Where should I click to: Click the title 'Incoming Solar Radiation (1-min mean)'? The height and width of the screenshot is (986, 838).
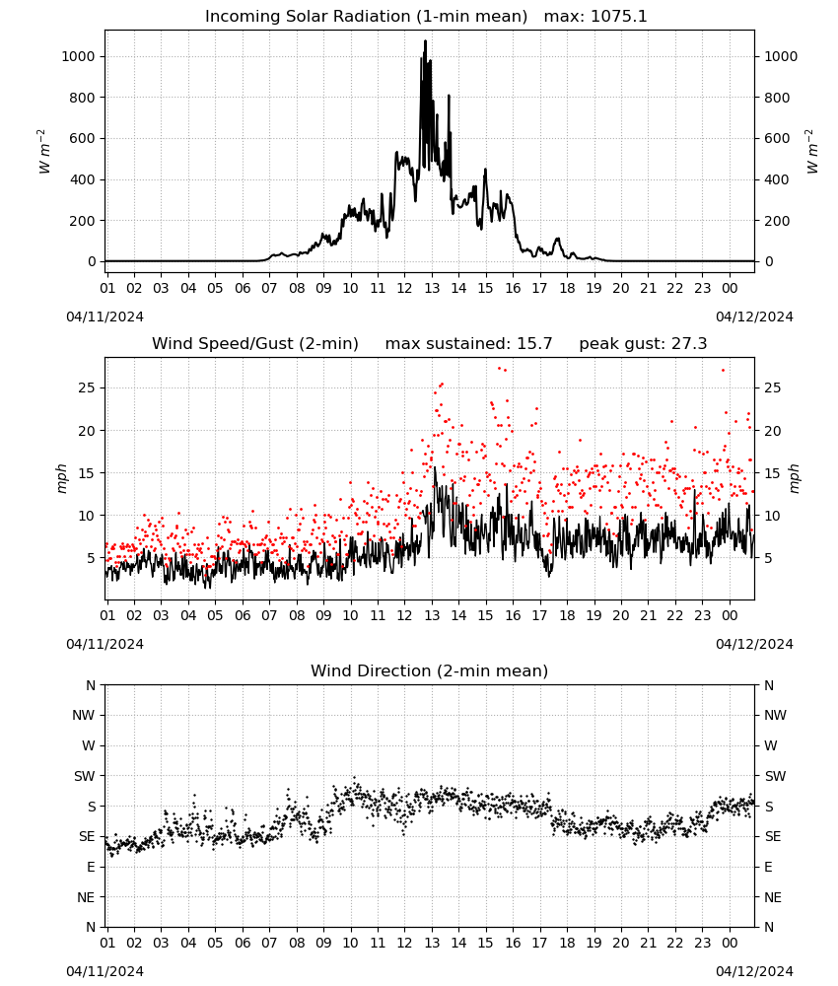click(366, 17)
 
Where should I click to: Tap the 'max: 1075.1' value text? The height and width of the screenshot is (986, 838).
click(594, 17)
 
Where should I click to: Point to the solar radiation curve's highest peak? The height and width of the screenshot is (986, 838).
click(426, 41)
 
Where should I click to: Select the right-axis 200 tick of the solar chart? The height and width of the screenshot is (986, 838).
click(777, 221)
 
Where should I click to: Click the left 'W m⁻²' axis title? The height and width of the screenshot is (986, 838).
click(43, 152)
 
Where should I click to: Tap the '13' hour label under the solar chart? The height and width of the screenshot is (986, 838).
click(432, 288)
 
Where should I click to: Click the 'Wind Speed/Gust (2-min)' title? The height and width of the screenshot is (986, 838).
click(255, 344)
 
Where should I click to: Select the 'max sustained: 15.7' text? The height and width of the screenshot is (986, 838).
click(468, 344)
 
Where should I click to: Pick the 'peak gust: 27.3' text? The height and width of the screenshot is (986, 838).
click(643, 344)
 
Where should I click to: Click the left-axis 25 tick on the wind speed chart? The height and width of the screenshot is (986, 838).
click(87, 387)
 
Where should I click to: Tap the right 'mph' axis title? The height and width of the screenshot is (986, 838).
click(794, 478)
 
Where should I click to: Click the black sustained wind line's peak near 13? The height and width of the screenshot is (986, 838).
click(435, 467)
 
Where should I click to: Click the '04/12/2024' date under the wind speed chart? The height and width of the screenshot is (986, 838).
click(754, 644)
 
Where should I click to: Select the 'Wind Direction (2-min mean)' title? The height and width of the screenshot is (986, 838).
click(430, 670)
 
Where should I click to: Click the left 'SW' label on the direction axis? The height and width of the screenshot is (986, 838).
click(84, 776)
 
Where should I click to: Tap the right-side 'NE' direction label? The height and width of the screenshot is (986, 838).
click(773, 897)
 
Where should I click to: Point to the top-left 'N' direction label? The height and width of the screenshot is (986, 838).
click(91, 685)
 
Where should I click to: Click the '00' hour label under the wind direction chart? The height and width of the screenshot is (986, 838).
click(730, 943)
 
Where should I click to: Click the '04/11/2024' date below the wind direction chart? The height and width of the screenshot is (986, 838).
click(105, 971)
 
